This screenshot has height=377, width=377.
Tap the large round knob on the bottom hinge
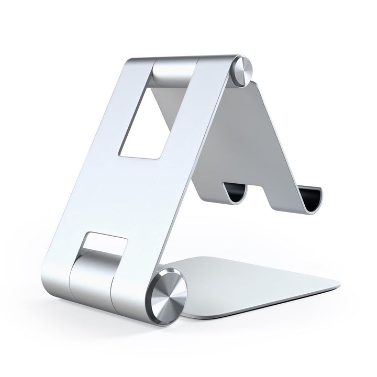coord(169,294)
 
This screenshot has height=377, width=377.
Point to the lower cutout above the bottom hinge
coord(105,244)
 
